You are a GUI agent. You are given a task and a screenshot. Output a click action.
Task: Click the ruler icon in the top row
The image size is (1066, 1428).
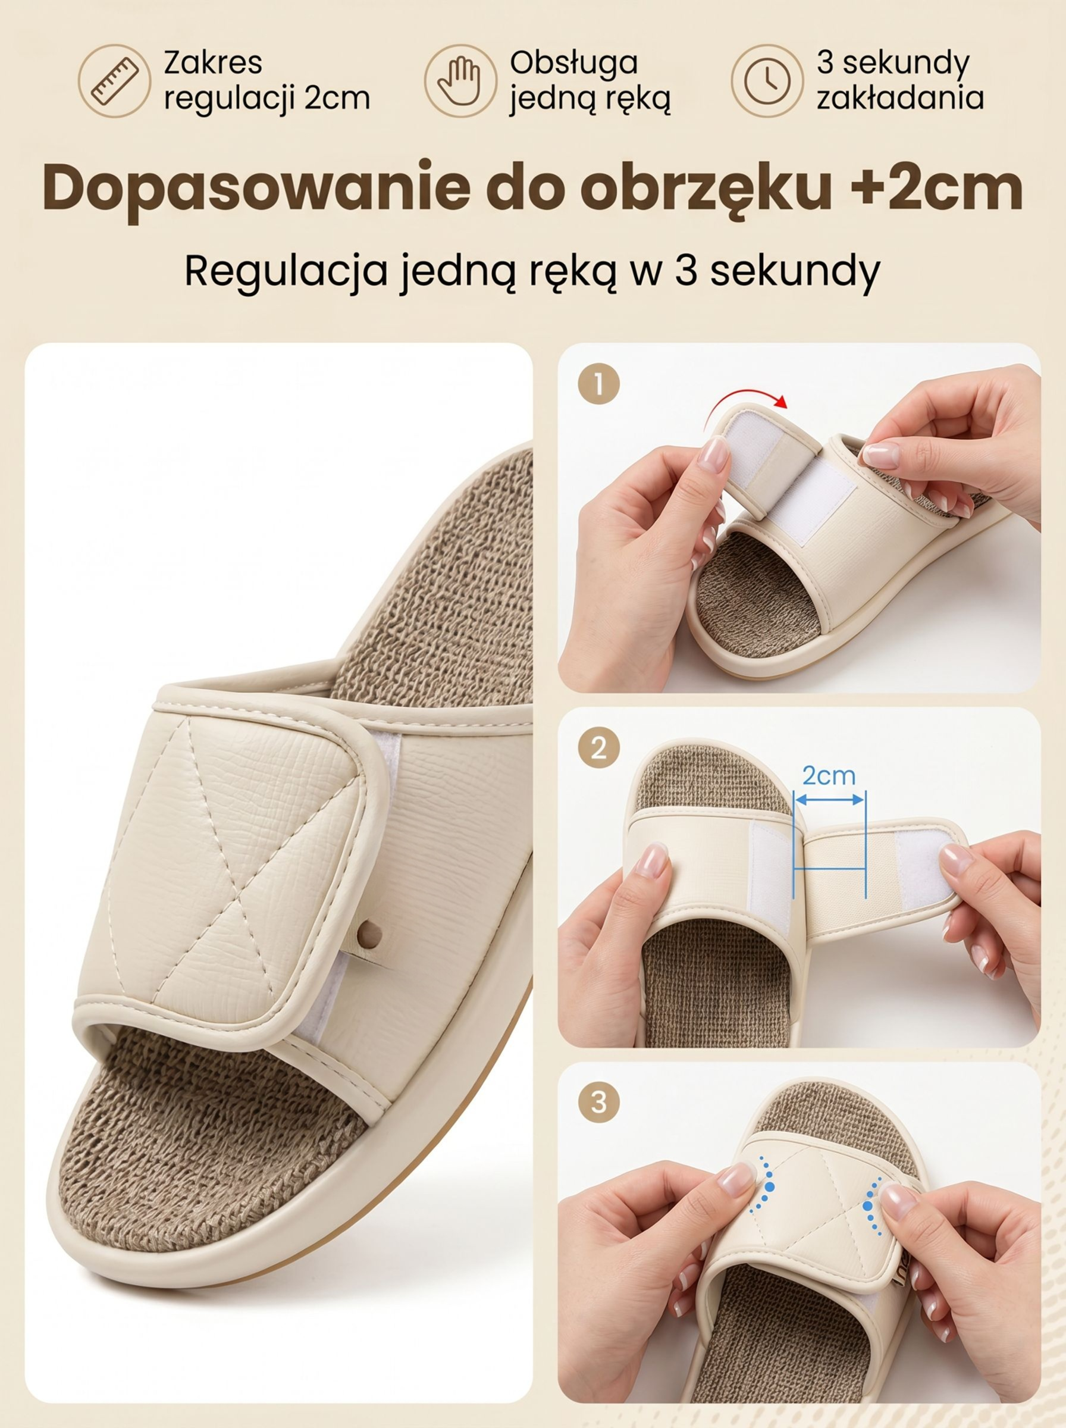click(114, 81)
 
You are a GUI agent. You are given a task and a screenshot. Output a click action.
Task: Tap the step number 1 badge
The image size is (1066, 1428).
click(598, 384)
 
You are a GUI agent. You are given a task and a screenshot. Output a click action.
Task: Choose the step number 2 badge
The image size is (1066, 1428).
click(598, 748)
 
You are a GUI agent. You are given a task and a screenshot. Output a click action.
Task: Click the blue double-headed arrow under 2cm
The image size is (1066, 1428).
click(829, 800)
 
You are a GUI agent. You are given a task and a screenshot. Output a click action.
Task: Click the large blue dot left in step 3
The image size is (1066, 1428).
click(769, 1186)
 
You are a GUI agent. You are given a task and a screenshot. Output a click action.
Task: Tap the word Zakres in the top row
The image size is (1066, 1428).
click(213, 62)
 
